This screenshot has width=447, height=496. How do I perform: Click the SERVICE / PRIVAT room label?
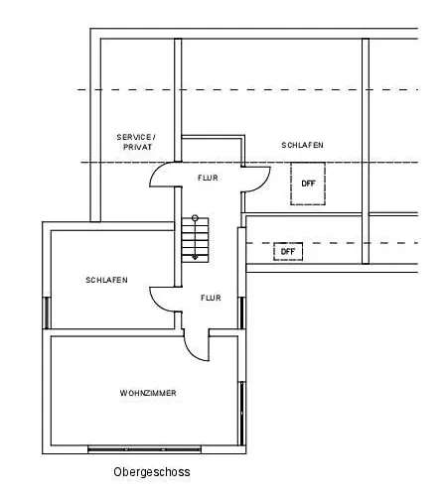pyautogui.click(x=136, y=142)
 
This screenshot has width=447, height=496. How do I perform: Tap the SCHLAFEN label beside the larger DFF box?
pyautogui.click(x=302, y=145)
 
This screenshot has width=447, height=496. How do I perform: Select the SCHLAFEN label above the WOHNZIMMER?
pyautogui.click(x=106, y=280)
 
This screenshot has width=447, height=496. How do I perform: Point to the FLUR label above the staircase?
pyautogui.click(x=208, y=178)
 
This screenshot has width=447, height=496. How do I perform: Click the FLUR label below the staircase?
pyautogui.click(x=211, y=298)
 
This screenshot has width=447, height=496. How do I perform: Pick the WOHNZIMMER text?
pyautogui.click(x=148, y=393)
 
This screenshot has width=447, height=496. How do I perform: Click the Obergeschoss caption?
pyautogui.click(x=152, y=472)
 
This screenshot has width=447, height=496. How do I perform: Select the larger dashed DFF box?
pyautogui.click(x=308, y=184)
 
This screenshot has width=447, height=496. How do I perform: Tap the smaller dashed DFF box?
pyautogui.click(x=288, y=252)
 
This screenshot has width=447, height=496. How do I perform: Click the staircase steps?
pyautogui.click(x=195, y=240)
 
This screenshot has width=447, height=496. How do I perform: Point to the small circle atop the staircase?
pyautogui.click(x=195, y=217)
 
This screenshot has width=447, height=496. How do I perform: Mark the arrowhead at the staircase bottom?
pyautogui.click(x=195, y=257)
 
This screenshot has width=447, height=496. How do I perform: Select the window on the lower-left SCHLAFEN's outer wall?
pyautogui.click(x=47, y=312)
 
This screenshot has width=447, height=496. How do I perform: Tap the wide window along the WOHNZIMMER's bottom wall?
pyautogui.click(x=145, y=449)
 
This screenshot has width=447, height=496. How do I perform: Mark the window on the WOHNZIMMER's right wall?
pyautogui.click(x=242, y=414)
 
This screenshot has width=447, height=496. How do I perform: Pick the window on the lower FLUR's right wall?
pyautogui.click(x=242, y=312)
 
